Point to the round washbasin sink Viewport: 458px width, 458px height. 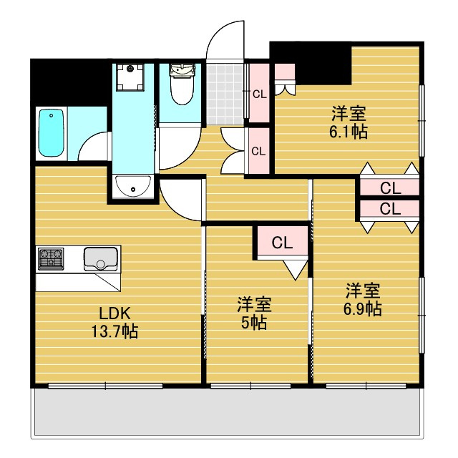pyautogui.click(x=133, y=187)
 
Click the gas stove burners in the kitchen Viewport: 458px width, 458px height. pyautogui.click(x=52, y=258)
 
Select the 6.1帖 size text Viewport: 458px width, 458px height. pyautogui.click(x=349, y=132)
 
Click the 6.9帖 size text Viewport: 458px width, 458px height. pyautogui.click(x=364, y=309)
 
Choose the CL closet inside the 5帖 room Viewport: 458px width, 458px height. pyautogui.click(x=282, y=243)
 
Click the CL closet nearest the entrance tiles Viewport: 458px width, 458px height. pyautogui.click(x=258, y=93)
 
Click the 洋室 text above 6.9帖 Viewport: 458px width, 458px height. pyautogui.click(x=364, y=291)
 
